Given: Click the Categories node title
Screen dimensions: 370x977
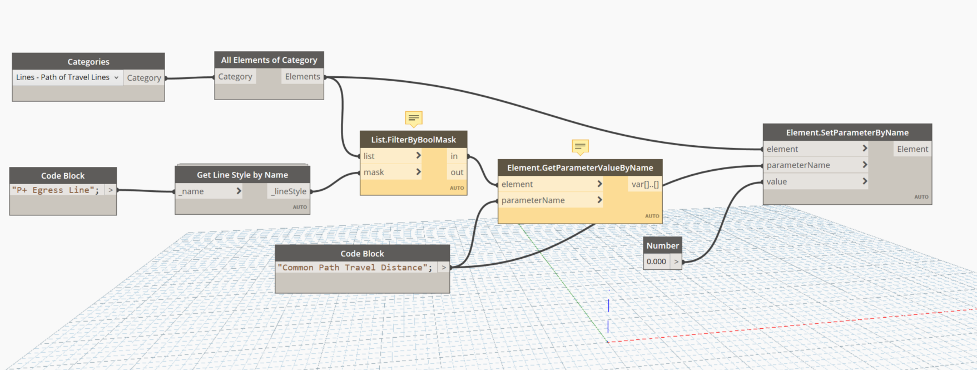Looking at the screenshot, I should [x=88, y=62].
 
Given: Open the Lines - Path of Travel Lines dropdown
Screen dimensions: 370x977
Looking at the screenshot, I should [x=67, y=77].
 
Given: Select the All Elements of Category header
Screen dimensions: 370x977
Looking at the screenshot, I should [x=269, y=60].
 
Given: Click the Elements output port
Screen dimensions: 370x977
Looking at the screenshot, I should [x=302, y=77].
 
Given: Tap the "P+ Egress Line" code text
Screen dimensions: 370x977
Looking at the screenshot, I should [x=56, y=190].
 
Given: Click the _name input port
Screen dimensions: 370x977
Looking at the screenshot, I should [x=209, y=191].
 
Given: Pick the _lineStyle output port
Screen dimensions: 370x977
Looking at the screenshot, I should [x=289, y=191].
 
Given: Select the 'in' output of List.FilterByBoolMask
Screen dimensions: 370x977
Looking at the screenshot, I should [x=454, y=156].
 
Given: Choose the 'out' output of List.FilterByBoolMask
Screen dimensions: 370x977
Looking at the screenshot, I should [x=457, y=172].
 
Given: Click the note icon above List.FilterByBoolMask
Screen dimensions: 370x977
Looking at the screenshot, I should [x=413, y=118].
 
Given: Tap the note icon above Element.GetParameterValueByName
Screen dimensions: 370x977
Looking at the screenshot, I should [x=580, y=146].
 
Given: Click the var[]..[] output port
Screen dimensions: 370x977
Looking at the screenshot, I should [x=645, y=184].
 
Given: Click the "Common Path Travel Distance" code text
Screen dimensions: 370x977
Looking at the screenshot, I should [x=355, y=268].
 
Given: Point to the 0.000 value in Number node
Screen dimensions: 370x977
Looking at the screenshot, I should [x=656, y=262].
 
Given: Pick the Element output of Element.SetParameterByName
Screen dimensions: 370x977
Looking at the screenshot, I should [x=912, y=149].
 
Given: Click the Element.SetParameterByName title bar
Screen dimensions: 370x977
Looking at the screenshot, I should [x=847, y=132].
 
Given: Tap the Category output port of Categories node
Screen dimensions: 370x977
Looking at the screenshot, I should [x=144, y=78].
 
